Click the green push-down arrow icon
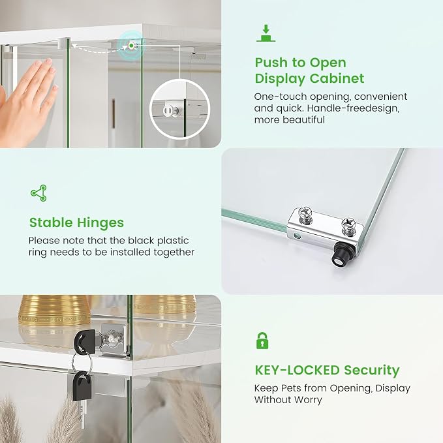pos(266,33)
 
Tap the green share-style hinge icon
pos(38,193)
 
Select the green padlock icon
pos(262,341)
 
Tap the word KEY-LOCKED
pos(298,370)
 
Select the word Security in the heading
pos(372,371)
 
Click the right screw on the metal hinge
pos(348,225)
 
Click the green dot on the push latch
pos(131,45)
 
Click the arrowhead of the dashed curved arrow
pos(74,45)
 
